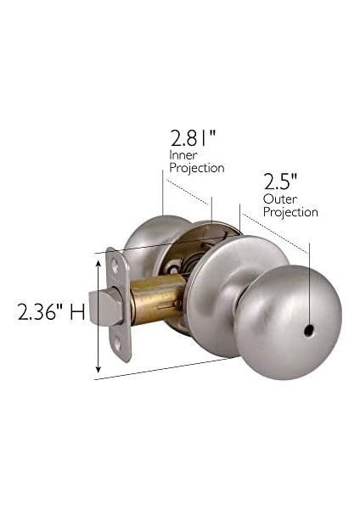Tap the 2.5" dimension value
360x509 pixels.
(x=280, y=182)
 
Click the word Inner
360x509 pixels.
(x=183, y=155)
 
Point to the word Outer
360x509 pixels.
(x=278, y=199)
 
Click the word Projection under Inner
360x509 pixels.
(x=197, y=168)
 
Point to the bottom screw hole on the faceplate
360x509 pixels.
(x=118, y=344)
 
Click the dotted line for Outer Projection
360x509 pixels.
(x=276, y=230)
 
